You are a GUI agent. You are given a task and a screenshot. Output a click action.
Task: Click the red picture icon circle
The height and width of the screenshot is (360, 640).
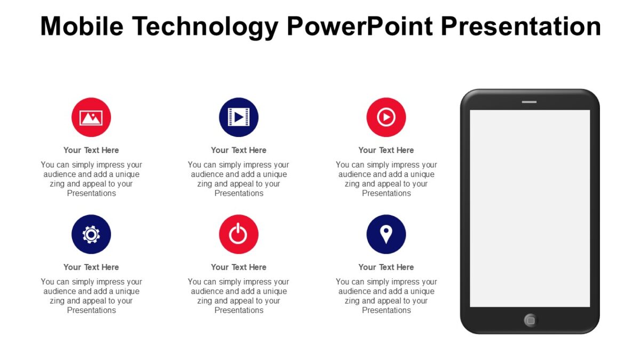point(91,117)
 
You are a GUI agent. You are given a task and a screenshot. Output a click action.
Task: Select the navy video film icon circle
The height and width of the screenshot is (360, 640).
point(238,117)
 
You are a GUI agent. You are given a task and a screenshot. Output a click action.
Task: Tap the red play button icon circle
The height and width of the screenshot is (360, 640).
point(386,117)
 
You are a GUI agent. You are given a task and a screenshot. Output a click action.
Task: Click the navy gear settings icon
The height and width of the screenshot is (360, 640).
point(91,234)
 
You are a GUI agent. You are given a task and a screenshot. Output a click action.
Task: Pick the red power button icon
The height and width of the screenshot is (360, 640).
point(238,234)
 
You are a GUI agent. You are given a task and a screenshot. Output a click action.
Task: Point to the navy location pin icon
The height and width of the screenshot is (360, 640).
point(386,234)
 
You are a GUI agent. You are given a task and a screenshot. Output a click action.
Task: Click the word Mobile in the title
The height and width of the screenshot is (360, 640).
point(82,26)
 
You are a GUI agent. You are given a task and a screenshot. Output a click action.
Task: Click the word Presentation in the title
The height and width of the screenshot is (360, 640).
point(522,26)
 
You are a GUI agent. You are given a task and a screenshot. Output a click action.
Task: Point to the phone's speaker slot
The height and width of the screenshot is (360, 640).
point(529,101)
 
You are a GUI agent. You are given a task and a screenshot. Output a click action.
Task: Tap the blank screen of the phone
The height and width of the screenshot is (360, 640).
point(530,208)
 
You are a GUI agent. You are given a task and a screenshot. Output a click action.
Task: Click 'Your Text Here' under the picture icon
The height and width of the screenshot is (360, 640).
point(91,150)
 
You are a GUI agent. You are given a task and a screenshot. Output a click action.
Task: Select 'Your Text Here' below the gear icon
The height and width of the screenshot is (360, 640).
point(91,267)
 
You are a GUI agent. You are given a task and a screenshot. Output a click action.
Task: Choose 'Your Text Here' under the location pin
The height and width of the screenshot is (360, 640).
point(386,267)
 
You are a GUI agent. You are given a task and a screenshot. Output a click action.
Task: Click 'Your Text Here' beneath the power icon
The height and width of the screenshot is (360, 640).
point(238,267)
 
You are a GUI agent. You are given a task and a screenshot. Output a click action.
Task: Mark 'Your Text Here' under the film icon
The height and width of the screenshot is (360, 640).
point(238,150)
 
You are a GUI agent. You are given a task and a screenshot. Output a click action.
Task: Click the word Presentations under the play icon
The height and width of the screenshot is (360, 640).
point(386,194)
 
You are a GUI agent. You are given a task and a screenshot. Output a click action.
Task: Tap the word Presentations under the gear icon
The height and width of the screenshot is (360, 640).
point(91,310)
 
